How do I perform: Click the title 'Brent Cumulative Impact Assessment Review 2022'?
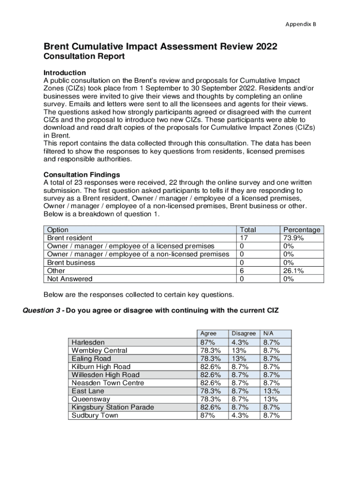pos(160,47)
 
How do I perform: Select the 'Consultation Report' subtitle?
pos(84,57)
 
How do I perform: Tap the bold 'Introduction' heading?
pos(65,73)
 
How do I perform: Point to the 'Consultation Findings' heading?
pos(81,174)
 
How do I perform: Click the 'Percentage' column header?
pos(302,230)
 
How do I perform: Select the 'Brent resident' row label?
pos(69,238)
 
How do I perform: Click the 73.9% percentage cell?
pos(294,238)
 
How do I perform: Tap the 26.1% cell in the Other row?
pos(294,271)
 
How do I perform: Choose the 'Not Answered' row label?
pos(70,279)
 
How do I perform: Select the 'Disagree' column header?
pos(244,334)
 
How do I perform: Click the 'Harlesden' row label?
pos(88,342)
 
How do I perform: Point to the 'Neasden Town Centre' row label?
pos(108,383)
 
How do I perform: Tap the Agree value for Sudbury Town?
pos(208,415)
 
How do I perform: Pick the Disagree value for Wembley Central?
pos(238,350)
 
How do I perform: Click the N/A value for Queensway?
pos(270,399)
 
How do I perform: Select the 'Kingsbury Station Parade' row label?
pos(113,407)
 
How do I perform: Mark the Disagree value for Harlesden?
pos(240,342)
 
